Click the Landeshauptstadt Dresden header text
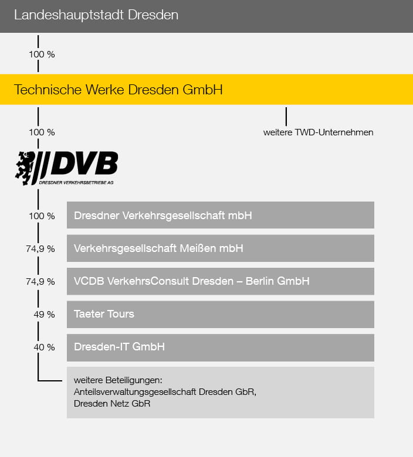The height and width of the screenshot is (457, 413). point(96,16)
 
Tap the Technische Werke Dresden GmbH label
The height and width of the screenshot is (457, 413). point(118,90)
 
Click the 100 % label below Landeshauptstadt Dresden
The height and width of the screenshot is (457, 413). point(42,54)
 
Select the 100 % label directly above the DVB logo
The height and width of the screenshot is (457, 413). point(42,132)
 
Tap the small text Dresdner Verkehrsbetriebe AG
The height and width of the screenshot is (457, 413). point(76,183)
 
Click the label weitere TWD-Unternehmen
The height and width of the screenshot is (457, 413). point(318,132)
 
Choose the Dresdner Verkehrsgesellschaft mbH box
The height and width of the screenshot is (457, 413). point(220,216)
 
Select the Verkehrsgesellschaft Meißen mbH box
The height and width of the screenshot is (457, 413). point(220,248)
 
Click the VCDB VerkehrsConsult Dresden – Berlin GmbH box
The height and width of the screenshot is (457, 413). point(220,281)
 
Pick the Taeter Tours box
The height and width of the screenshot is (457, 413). point(220,314)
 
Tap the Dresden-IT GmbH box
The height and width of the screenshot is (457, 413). point(220,347)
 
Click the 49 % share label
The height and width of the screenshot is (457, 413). point(44,315)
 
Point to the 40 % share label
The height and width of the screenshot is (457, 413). point(44,347)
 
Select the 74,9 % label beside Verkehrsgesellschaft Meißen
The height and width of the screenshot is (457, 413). point(42,249)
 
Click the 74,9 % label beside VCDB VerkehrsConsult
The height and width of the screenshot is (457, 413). point(42,282)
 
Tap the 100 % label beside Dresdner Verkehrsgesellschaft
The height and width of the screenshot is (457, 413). point(42,216)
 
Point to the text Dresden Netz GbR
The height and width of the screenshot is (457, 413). point(112,404)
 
